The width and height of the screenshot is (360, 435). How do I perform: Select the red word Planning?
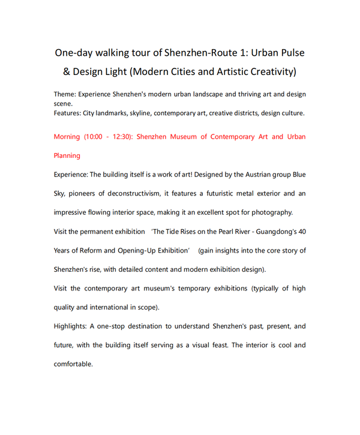pyautogui.click(x=67, y=155)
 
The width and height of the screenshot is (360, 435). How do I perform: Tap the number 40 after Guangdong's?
pyautogui.click(x=301, y=231)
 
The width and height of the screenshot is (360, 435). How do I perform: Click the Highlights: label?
pyautogui.click(x=71, y=326)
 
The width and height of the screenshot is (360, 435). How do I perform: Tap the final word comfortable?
pyautogui.click(x=73, y=364)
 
